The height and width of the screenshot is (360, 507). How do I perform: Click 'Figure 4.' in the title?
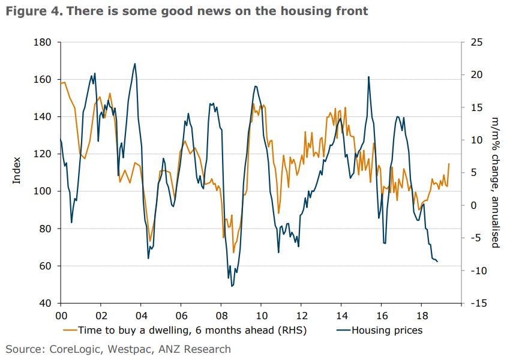pos(26,11)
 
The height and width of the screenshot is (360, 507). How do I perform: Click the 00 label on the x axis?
pos(61,315)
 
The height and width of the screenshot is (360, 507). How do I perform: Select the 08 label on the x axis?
pos(221,315)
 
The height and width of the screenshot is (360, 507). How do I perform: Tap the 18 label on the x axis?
pos(421,315)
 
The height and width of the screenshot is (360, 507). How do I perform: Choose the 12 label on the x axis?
pos(301,315)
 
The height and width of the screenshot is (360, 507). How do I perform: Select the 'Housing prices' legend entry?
pos(386,330)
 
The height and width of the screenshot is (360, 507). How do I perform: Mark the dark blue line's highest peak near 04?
pos(134,64)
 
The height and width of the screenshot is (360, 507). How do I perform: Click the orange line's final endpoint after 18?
pos(449,164)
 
